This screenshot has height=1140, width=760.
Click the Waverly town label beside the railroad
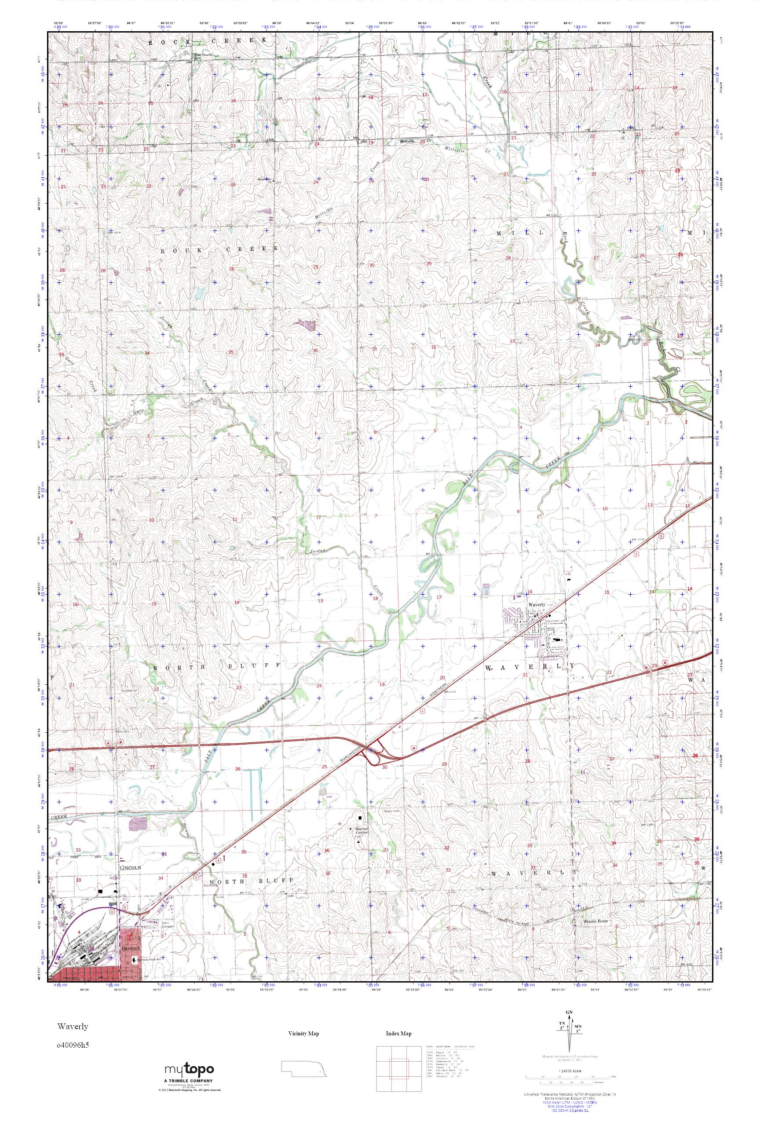(537, 605)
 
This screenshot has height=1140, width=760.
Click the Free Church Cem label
(204, 56)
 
